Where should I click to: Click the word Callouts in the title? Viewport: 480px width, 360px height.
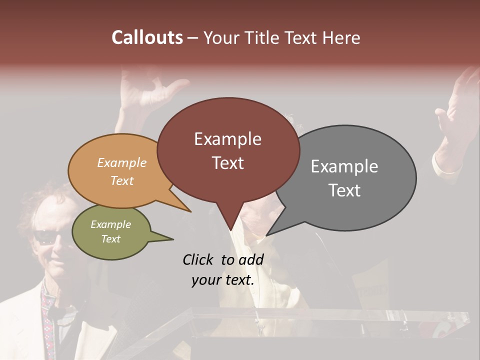(147, 37)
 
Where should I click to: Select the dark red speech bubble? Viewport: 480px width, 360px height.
(228, 150)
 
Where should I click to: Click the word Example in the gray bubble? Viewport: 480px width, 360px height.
(344, 166)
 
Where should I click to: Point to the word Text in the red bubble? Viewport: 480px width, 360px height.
(228, 163)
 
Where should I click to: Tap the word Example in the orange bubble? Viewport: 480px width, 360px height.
(122, 163)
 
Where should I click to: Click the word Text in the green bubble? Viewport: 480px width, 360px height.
(111, 239)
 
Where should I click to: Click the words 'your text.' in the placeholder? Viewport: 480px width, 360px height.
(223, 280)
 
